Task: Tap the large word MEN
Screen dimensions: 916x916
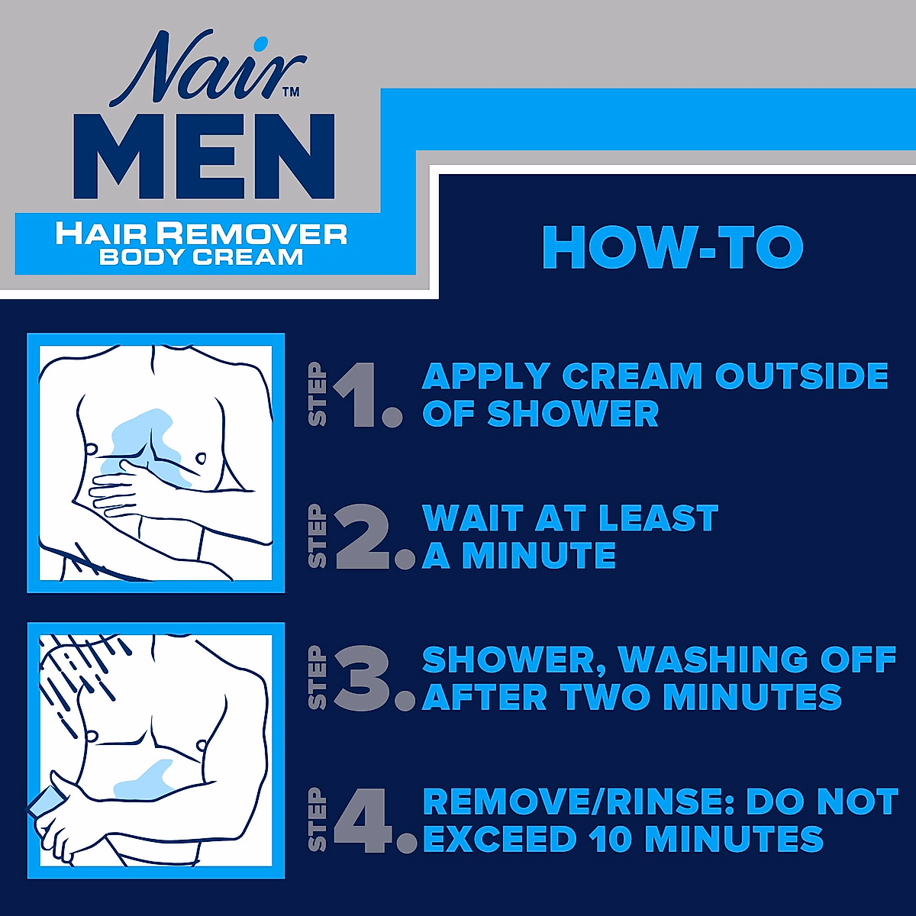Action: [x=205, y=157]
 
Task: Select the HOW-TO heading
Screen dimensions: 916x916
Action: [x=672, y=247]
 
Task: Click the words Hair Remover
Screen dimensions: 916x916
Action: [x=202, y=234]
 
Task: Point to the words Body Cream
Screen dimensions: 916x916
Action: [x=202, y=257]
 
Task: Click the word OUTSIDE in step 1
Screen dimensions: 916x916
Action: [x=801, y=376]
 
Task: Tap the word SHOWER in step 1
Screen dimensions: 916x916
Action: [x=572, y=414]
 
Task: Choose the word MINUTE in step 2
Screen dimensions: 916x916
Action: [x=539, y=556]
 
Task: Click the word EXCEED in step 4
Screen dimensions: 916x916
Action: [x=500, y=840]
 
